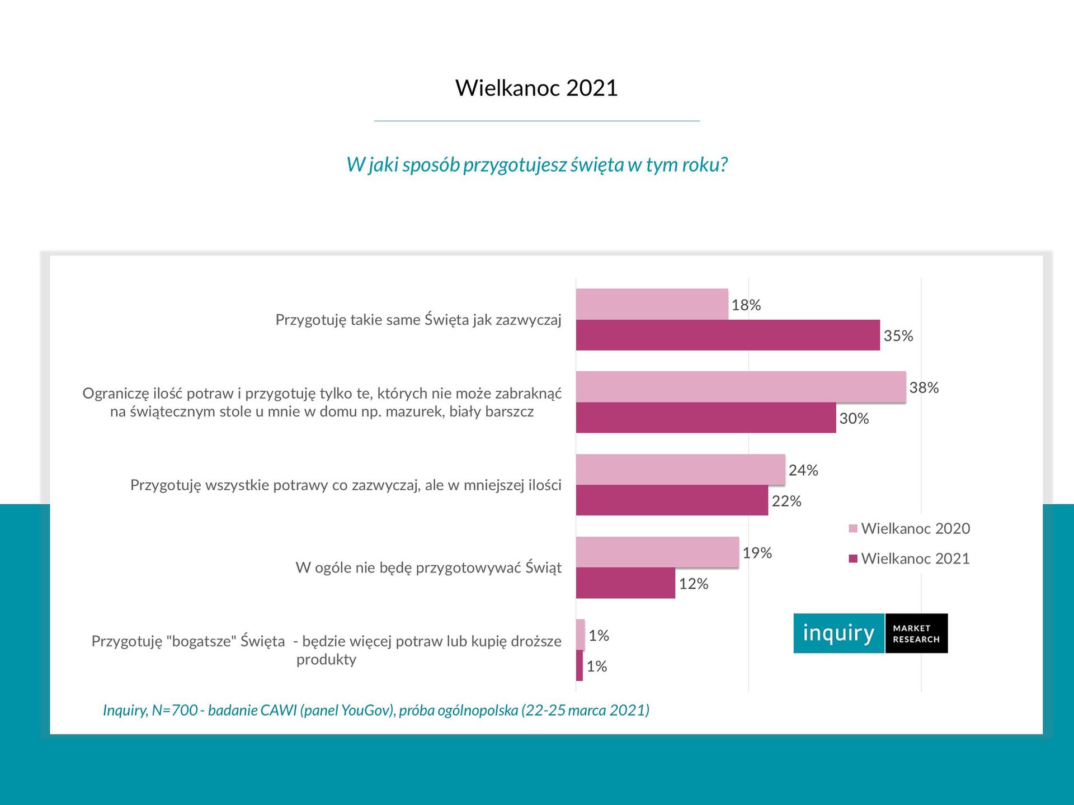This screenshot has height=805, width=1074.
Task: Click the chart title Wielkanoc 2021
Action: [x=536, y=88]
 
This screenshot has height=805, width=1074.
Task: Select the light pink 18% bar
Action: [x=652, y=304]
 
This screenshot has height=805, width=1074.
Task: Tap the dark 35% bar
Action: [x=727, y=335]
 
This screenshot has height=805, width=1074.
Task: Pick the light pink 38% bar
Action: [x=741, y=387]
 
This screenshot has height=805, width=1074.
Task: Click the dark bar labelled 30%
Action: [x=706, y=418]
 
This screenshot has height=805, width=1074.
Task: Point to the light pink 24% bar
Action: [x=680, y=470]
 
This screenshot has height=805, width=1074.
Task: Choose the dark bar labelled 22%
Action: [x=672, y=500]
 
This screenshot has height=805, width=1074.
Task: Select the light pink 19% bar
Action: [x=657, y=552]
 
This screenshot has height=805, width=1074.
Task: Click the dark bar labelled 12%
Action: [x=625, y=583]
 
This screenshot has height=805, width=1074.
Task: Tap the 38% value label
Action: [x=924, y=387]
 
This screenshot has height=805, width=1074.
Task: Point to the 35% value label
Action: [x=898, y=336]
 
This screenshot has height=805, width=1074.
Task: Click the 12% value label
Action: [x=694, y=584]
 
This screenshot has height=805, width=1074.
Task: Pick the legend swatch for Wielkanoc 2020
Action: [x=853, y=529]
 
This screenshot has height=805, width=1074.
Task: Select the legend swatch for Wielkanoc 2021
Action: [x=853, y=559]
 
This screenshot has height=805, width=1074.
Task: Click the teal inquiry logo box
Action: [x=839, y=633]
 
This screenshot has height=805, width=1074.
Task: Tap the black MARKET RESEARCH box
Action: [x=916, y=633]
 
